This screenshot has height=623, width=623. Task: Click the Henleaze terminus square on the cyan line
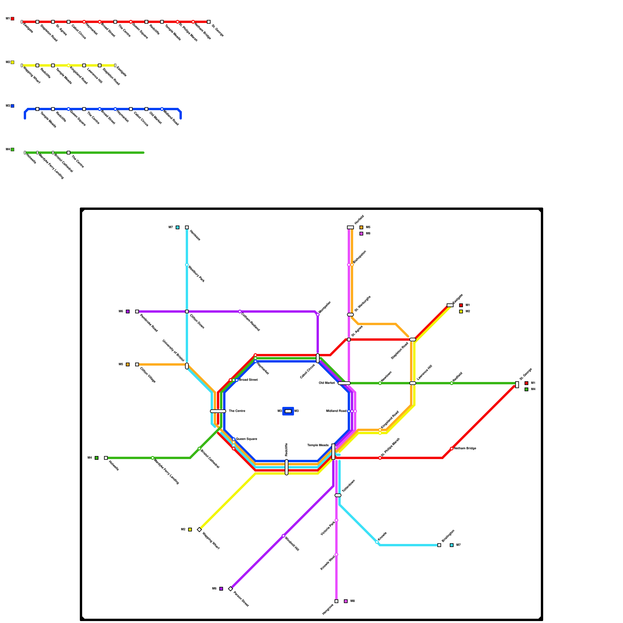(x=187, y=227)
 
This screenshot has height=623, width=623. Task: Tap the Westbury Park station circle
(x=187, y=265)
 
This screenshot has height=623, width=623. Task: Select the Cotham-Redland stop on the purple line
(x=240, y=311)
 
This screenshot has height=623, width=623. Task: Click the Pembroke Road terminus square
(x=137, y=311)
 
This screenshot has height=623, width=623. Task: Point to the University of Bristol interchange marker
(x=187, y=366)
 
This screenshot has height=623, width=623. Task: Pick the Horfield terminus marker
(x=350, y=227)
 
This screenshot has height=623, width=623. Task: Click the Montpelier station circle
(x=318, y=315)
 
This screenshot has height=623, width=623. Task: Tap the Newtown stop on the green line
(x=380, y=383)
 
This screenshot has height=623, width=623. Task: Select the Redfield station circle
(x=452, y=383)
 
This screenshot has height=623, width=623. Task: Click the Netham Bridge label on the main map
(x=465, y=449)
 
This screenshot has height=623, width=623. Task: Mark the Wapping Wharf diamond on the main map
(x=199, y=530)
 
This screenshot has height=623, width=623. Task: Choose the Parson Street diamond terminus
(x=231, y=589)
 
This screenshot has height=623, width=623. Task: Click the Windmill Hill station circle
(x=283, y=536)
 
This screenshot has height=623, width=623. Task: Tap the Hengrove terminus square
(x=336, y=601)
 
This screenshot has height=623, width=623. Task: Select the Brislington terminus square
(x=439, y=545)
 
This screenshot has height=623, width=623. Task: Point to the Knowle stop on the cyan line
(x=377, y=542)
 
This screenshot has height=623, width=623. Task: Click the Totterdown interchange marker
(x=338, y=495)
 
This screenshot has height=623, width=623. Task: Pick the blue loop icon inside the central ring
(x=288, y=411)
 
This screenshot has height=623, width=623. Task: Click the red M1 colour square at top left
(x=12, y=19)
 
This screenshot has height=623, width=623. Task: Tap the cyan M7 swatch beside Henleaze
(x=178, y=227)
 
